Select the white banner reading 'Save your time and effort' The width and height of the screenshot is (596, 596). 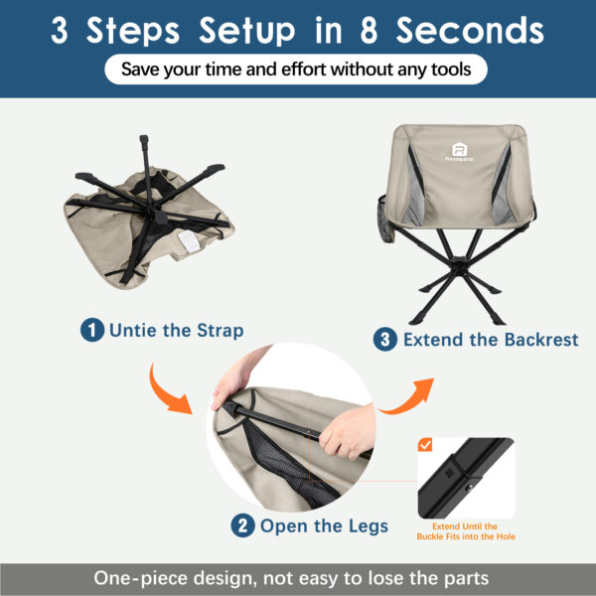298,70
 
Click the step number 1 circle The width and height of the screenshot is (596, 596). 91,330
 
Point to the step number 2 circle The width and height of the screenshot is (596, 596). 242,525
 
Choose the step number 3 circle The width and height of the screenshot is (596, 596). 385,340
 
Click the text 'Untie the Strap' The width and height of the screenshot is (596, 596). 176,330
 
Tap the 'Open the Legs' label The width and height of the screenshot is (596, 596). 324,525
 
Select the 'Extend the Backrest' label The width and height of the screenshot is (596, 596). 476,340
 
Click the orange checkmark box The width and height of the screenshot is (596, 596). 425,444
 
